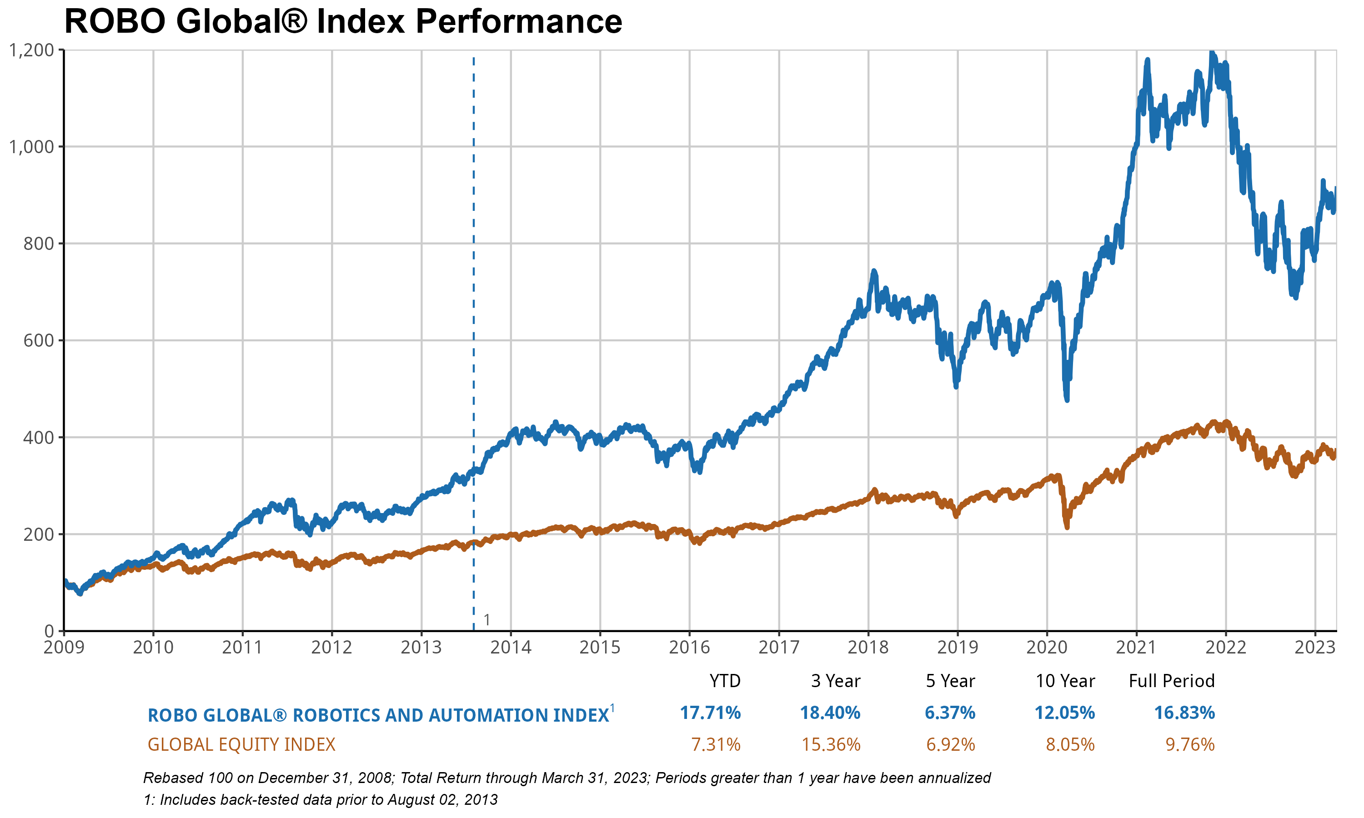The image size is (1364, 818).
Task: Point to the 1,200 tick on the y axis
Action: pyautogui.click(x=32, y=50)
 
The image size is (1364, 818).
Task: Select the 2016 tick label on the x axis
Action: pyautogui.click(x=689, y=647)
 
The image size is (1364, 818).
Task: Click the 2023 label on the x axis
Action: pyautogui.click(x=1314, y=647)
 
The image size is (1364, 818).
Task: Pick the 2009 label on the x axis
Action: pyautogui.click(x=64, y=647)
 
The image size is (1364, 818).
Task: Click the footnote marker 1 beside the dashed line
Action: pyautogui.click(x=487, y=620)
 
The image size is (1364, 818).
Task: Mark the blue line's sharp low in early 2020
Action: pyautogui.click(x=1067, y=399)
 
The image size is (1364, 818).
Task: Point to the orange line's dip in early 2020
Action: pyautogui.click(x=1067, y=527)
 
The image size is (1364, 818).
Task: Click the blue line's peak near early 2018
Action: pyautogui.click(x=874, y=271)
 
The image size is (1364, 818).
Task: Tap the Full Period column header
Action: pyautogui.click(x=1172, y=681)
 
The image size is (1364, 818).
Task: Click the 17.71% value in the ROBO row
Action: pyautogui.click(x=710, y=713)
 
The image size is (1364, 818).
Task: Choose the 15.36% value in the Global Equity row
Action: pyautogui.click(x=830, y=745)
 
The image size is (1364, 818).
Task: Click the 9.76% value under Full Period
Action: pyautogui.click(x=1190, y=745)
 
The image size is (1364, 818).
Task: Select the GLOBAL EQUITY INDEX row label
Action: pyautogui.click(x=241, y=745)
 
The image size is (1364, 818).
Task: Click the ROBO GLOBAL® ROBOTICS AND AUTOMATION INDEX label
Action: pyautogui.click(x=378, y=715)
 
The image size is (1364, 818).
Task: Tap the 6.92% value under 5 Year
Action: pyautogui.click(x=951, y=745)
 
